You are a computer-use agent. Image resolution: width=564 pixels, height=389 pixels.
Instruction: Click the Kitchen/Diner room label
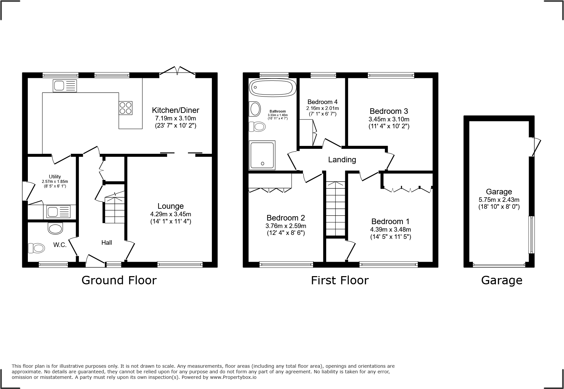175,110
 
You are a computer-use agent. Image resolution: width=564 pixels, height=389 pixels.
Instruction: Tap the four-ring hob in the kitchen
126,108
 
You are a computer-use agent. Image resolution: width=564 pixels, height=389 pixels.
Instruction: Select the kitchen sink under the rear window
65,86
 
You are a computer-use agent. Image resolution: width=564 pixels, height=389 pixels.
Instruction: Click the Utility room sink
59,212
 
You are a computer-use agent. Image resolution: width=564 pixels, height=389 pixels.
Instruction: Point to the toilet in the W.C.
36,248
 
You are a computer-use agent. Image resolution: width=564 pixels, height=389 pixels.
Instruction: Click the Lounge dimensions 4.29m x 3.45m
170,214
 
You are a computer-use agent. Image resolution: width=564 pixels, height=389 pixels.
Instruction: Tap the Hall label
106,242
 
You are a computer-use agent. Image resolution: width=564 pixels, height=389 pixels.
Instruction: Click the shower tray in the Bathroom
262,155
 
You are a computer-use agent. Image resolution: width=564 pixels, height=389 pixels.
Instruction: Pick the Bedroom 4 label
322,102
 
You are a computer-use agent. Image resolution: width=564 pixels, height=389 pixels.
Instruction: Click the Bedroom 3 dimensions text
389,123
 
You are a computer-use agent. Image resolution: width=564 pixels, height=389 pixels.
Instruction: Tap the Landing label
342,160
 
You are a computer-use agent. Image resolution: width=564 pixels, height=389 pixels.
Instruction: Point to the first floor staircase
335,208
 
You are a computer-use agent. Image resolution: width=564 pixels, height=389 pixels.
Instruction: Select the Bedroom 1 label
390,221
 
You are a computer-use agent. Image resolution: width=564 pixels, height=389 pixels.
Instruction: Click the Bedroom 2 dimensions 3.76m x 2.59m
286,226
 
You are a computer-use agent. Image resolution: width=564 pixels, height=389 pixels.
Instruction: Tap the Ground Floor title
119,280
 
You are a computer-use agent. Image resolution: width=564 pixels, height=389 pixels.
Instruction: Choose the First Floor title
340,280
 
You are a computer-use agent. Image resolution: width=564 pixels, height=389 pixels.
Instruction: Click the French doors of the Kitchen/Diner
177,71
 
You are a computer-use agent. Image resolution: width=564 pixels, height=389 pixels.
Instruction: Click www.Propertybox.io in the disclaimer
233,377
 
